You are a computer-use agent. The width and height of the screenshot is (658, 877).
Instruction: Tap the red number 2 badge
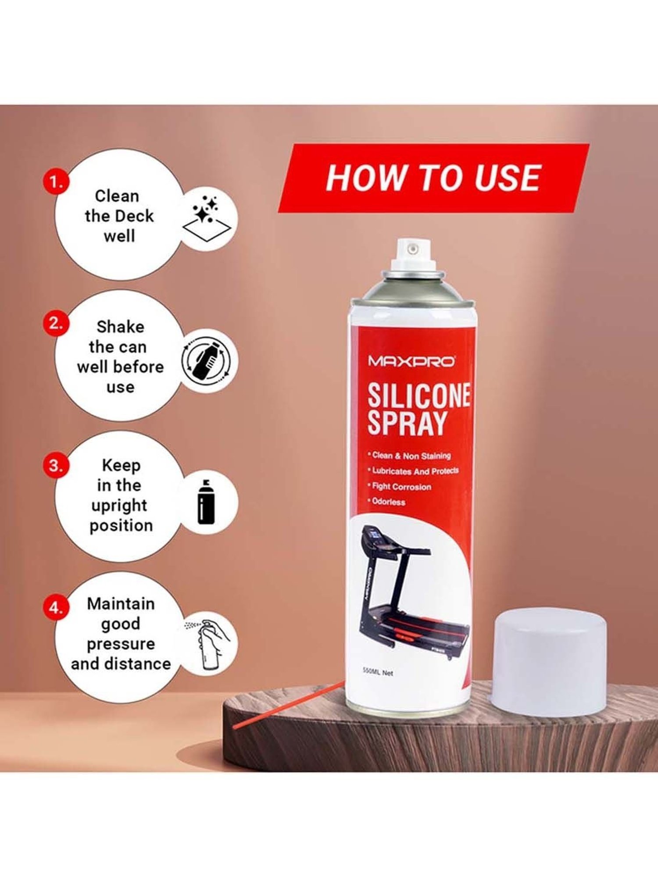point(56,324)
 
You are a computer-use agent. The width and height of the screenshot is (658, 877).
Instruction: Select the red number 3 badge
point(56,465)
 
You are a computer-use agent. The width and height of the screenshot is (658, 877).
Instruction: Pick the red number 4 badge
point(56,608)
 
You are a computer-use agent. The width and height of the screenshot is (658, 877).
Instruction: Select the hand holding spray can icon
point(208,644)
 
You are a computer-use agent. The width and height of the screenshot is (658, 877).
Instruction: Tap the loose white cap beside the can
point(551,660)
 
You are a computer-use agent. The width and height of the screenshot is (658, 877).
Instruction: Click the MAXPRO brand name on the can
point(411,362)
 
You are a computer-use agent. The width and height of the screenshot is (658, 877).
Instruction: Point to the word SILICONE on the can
point(419,395)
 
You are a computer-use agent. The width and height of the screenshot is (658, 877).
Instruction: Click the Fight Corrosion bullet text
point(400,486)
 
